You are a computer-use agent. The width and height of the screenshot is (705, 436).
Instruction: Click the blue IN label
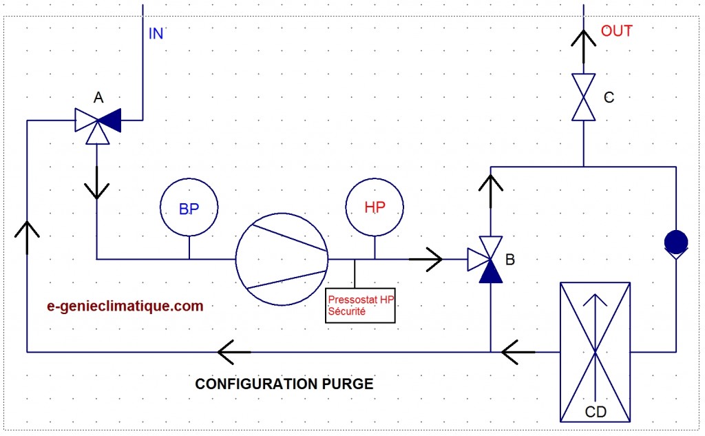[156, 34]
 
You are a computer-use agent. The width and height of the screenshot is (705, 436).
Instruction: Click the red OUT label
[616, 31]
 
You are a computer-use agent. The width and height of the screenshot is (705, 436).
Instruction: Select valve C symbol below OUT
[584, 97]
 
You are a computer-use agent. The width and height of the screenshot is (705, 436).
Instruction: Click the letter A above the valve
[98, 97]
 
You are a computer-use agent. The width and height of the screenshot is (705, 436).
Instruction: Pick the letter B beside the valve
[510, 260]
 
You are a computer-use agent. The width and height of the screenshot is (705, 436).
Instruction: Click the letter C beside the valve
[609, 97]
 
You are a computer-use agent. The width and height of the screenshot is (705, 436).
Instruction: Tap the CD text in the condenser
[596, 412]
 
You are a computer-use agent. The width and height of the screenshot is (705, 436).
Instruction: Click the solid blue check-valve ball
[676, 242]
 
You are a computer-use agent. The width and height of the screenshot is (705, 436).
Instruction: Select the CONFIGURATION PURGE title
[284, 384]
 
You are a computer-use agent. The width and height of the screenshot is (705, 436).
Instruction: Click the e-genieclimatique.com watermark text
[125, 306]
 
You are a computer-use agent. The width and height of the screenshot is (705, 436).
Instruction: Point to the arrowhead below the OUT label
[584, 39]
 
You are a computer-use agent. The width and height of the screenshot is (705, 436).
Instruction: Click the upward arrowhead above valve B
[490, 183]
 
